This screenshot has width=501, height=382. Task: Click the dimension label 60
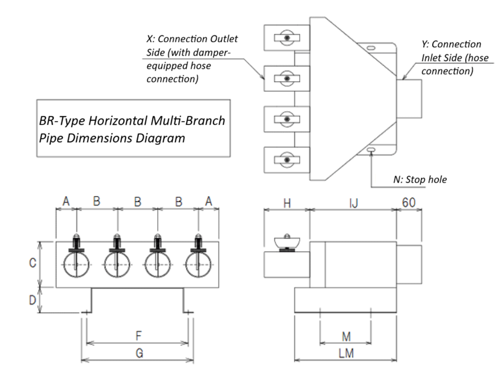point(409,202)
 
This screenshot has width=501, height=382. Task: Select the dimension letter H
point(287,202)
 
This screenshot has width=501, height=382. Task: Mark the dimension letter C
point(33,264)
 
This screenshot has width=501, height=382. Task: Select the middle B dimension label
point(138,201)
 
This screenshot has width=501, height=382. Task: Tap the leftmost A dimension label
point(66,201)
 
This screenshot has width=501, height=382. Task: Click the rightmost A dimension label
point(209,201)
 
